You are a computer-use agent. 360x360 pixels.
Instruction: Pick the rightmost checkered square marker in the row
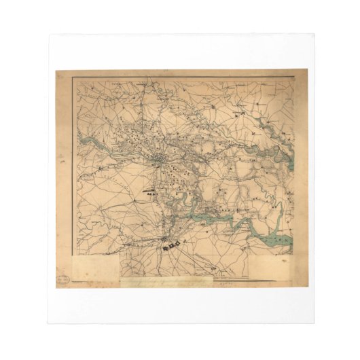[182, 240]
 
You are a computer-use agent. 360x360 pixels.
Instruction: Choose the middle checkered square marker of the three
[175, 242]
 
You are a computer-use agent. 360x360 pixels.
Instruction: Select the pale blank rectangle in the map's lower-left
[95, 266]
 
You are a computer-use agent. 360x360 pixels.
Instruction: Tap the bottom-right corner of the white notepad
[314, 322]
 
